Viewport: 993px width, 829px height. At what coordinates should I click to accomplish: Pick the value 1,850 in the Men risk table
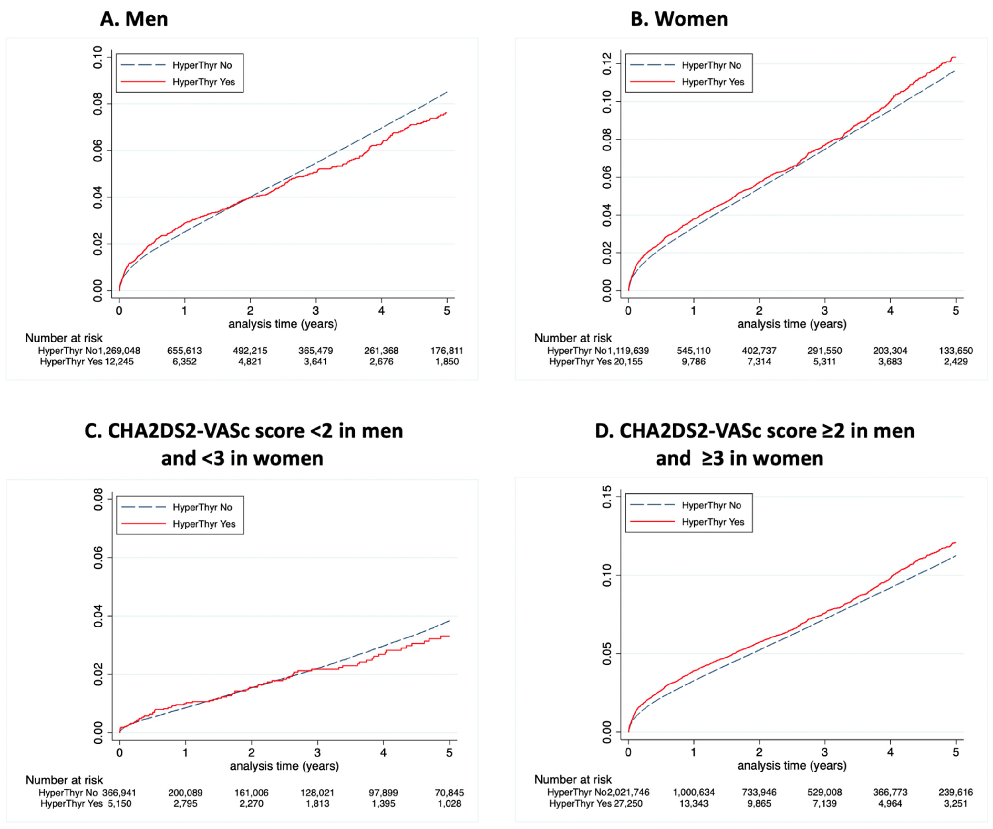[x=447, y=362]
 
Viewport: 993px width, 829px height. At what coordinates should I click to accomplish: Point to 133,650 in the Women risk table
[x=956, y=351]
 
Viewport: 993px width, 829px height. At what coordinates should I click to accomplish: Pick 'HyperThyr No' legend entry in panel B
[x=711, y=65]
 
